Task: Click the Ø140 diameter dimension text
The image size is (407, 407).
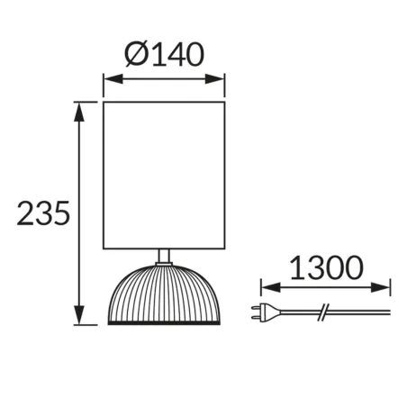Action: (165, 55)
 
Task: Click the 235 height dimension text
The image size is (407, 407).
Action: (43, 213)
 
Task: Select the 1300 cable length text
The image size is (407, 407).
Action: (326, 267)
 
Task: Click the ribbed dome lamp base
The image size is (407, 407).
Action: (164, 294)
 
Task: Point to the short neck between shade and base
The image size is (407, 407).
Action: (163, 256)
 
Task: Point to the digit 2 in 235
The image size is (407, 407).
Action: (26, 213)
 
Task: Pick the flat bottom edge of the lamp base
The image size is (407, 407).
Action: (164, 323)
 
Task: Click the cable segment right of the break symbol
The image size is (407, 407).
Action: (360, 312)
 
